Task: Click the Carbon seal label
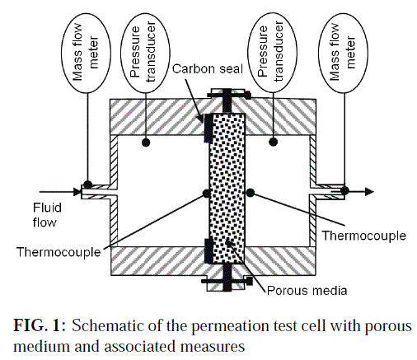point(208,68)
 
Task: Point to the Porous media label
point(307,290)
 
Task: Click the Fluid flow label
point(47,215)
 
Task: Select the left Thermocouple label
point(59,252)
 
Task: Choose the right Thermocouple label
point(363,236)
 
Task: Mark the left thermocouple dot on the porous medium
point(207,194)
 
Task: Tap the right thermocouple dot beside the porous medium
point(250,193)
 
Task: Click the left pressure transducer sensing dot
point(146,143)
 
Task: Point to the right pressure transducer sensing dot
point(273,142)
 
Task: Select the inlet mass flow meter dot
point(87,185)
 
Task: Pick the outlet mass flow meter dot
point(344,190)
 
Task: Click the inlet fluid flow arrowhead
point(77,192)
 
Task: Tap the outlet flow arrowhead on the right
point(369,191)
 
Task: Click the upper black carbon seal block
point(208,129)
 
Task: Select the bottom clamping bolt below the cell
point(227,280)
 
